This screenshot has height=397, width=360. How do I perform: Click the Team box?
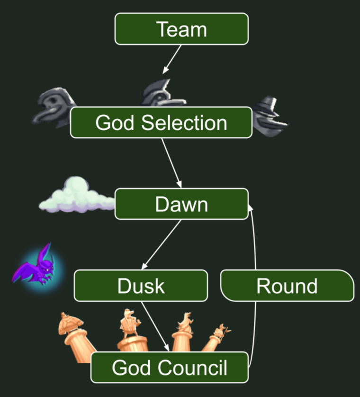[x=181, y=29]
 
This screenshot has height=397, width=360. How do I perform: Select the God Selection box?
[x=161, y=123]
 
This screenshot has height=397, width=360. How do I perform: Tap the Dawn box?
[x=181, y=204]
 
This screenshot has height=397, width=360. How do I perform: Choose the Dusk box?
[x=141, y=286]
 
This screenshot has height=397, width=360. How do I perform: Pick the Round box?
[x=287, y=286]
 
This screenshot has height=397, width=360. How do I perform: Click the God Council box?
[x=169, y=367]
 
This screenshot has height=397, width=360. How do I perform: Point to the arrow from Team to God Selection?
[x=172, y=59]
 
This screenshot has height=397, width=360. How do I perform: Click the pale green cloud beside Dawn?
[x=76, y=195]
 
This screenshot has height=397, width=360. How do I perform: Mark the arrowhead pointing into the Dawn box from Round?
[x=251, y=205]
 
